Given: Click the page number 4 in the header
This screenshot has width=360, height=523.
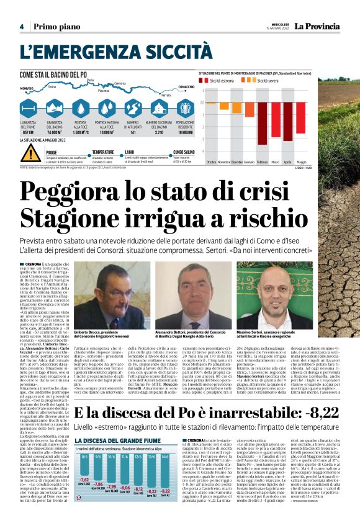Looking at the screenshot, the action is coord(21,27).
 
